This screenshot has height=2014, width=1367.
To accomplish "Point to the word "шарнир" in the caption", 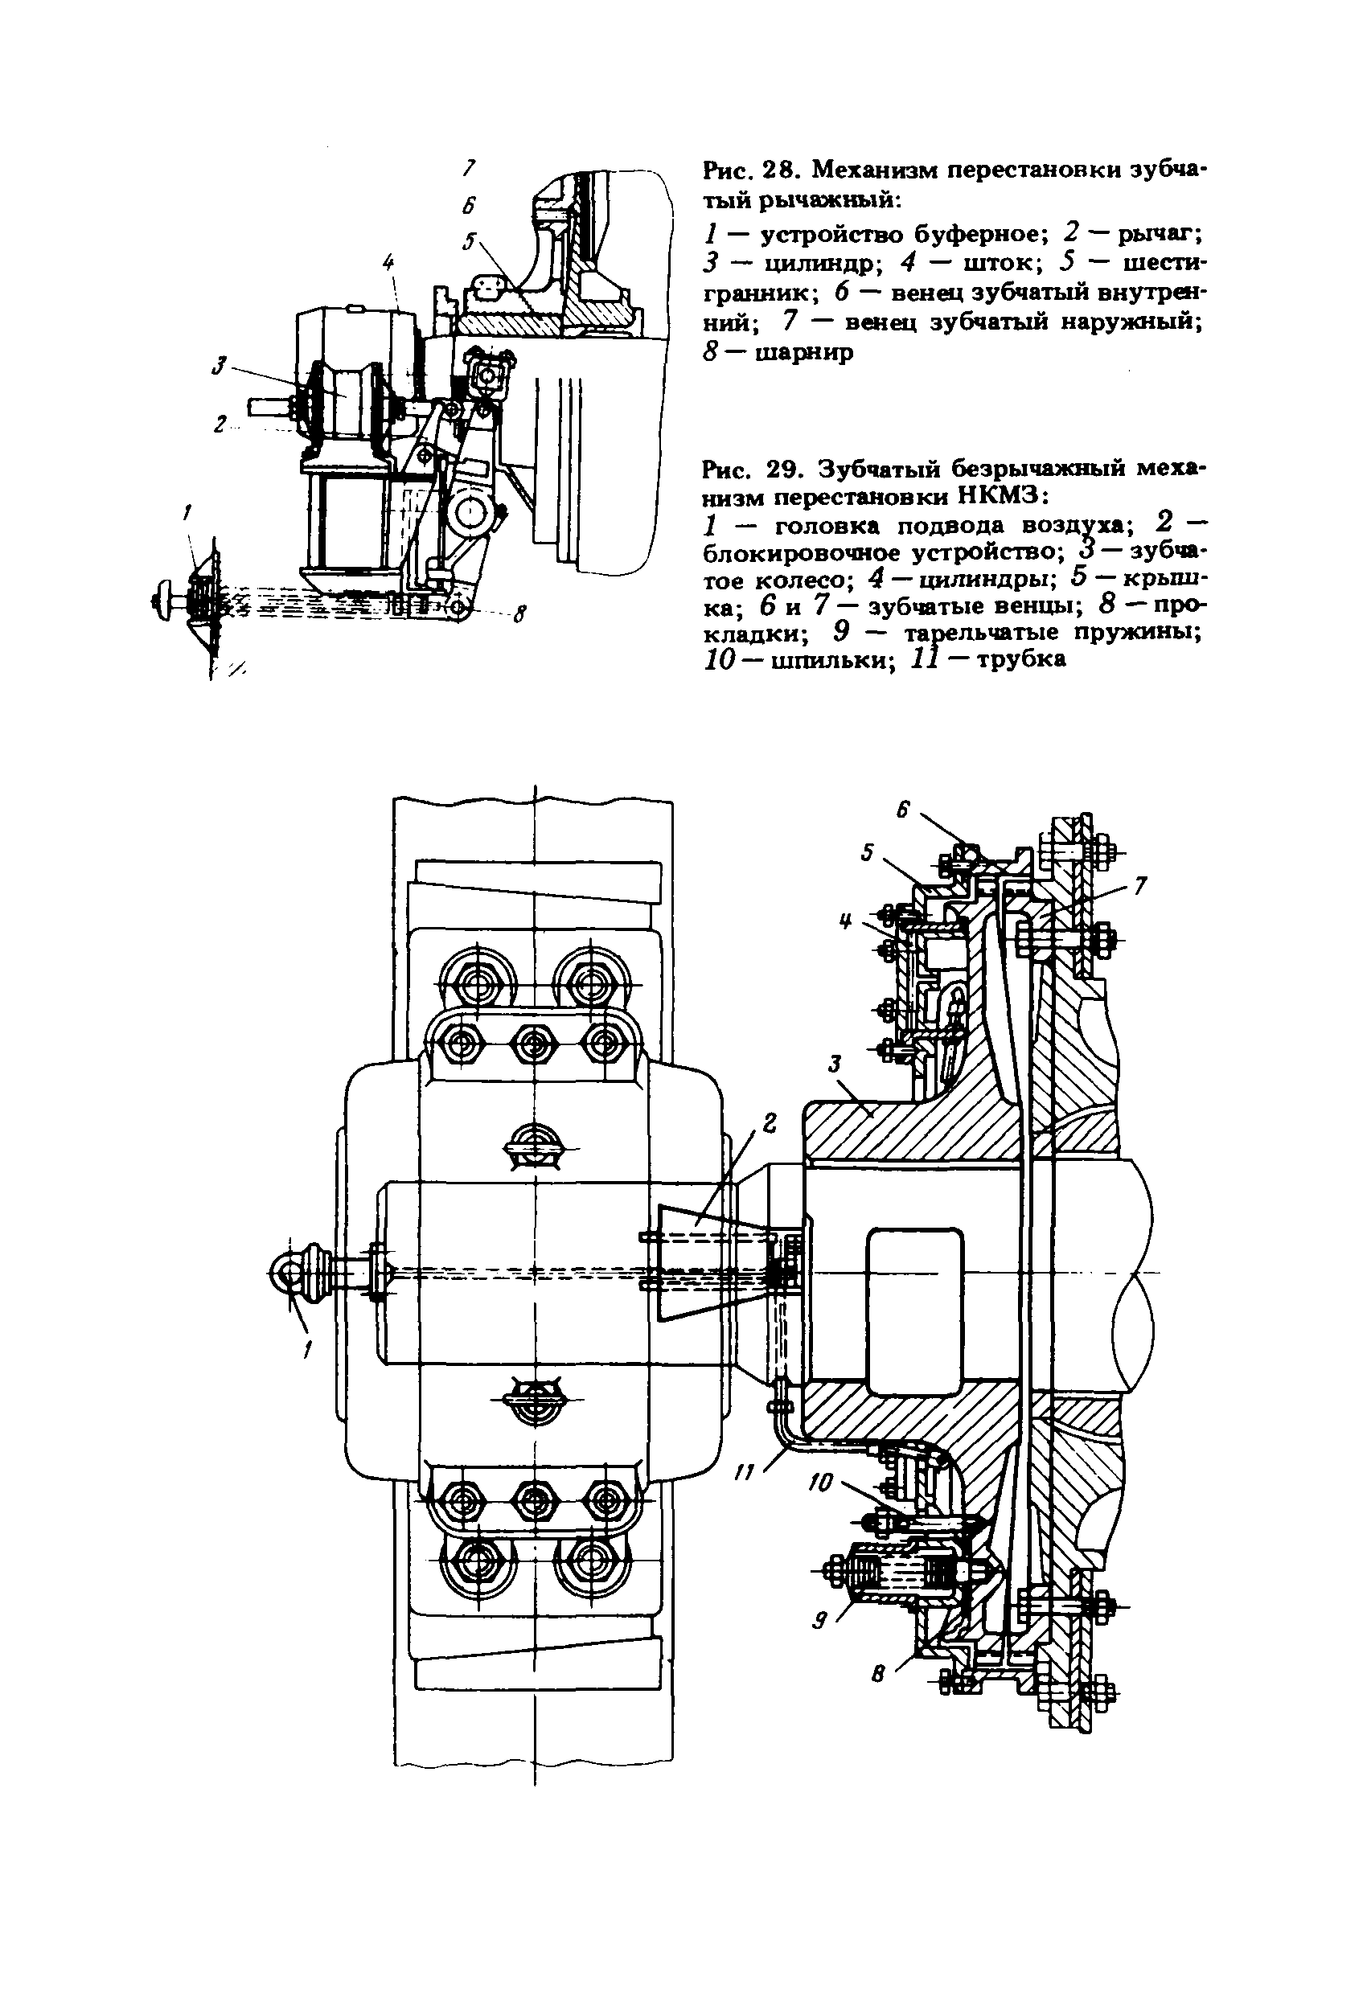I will (804, 353).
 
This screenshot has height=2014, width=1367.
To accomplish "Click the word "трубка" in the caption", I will (1021, 660).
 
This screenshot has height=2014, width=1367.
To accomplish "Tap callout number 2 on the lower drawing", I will (768, 1123).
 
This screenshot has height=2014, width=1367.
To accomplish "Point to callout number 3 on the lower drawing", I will (835, 1062).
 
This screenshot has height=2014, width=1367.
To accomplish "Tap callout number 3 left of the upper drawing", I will (219, 367).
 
